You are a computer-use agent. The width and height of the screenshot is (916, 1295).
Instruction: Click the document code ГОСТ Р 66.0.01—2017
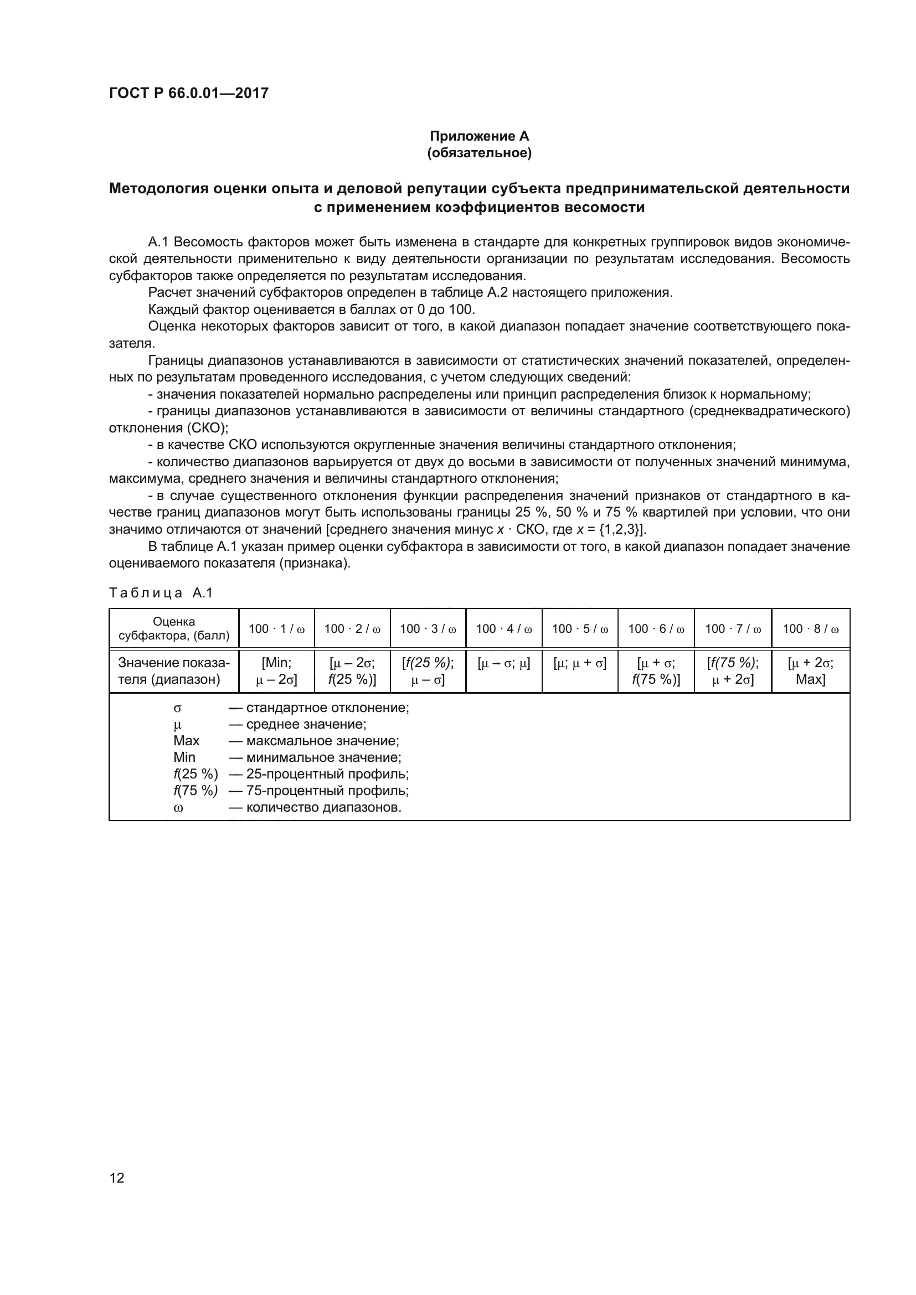coord(188,93)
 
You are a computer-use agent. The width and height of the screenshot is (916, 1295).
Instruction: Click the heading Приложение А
coord(479,136)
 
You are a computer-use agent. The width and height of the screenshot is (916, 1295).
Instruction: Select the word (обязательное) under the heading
coord(479,153)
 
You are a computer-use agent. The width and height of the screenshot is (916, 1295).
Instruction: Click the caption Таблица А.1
coord(161,593)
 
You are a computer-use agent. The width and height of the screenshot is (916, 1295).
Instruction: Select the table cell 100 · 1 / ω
coord(276,628)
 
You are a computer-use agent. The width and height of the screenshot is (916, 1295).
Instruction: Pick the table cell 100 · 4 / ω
coord(503,628)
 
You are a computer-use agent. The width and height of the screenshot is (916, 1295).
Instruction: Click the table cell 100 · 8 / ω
coord(810,628)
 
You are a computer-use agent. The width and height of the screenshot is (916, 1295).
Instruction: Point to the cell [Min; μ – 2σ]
coord(276,671)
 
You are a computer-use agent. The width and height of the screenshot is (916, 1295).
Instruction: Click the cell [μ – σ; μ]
coord(503,663)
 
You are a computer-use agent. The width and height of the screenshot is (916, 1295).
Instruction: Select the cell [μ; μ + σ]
coord(579,663)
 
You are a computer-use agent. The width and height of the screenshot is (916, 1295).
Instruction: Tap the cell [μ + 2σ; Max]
coord(810,671)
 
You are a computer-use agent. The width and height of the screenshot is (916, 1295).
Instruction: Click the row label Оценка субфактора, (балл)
coord(174,628)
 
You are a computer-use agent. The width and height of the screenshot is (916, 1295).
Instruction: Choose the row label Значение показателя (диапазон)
coord(174,671)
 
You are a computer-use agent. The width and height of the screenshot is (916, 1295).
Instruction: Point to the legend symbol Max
coord(186,741)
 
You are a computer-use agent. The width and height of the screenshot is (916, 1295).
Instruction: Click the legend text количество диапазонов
coord(323,807)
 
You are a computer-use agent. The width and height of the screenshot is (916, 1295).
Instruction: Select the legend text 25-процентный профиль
coord(327,774)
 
